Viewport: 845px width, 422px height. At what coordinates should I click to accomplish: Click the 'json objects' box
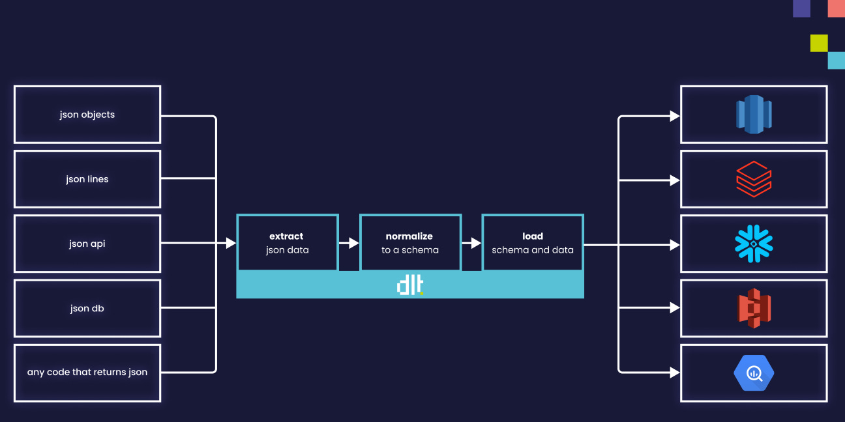[87, 115]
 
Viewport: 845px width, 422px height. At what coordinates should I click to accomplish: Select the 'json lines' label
[87, 179]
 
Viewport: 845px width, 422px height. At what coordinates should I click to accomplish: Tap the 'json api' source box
[87, 244]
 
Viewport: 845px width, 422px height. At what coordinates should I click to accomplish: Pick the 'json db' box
[87, 308]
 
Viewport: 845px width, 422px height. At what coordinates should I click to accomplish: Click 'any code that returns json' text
[87, 373]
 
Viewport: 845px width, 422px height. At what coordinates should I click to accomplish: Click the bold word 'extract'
[286, 236]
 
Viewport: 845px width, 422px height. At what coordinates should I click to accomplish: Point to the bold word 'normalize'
[409, 236]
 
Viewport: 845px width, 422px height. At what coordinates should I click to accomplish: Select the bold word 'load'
[533, 236]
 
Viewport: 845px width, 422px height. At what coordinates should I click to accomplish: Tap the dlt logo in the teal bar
[410, 286]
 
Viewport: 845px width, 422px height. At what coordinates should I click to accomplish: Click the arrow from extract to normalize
[349, 243]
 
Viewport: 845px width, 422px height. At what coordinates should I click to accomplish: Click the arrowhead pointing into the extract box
[231, 243]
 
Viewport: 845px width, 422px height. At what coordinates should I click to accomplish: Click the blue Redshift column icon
[754, 115]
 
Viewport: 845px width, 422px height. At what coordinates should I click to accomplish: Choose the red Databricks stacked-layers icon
[754, 179]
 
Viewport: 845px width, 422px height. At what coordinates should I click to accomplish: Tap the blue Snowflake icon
[754, 244]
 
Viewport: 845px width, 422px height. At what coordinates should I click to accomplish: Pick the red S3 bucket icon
[754, 308]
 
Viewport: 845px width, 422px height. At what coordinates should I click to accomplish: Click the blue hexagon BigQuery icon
[754, 373]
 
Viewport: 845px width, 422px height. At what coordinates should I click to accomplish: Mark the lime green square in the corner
[819, 43]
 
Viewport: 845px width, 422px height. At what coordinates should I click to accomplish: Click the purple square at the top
[801, 8]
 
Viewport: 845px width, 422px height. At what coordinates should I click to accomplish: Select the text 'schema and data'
[533, 250]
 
